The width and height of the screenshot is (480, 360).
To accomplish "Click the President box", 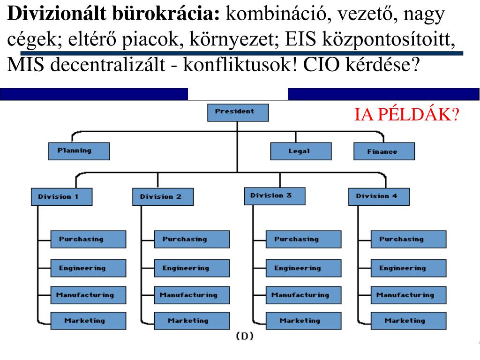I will (238, 112).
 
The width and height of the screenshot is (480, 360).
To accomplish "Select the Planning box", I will (79, 151).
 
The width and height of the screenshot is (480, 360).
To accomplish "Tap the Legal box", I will (300, 151).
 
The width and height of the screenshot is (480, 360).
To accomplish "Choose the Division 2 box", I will (162, 196).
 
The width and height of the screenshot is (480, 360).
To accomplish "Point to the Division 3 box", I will (274, 195).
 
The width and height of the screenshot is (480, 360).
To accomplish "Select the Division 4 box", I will (379, 196).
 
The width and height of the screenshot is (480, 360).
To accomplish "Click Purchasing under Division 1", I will (88, 239).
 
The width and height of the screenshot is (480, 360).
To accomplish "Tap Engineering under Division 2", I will (192, 268).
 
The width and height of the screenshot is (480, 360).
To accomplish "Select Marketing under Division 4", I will (408, 321).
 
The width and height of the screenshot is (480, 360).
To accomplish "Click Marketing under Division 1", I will (88, 321).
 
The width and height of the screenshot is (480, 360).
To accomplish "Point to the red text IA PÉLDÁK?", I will (406, 114).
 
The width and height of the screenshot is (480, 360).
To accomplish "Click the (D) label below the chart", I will (244, 336).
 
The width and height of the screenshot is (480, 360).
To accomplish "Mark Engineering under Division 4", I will (408, 268).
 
